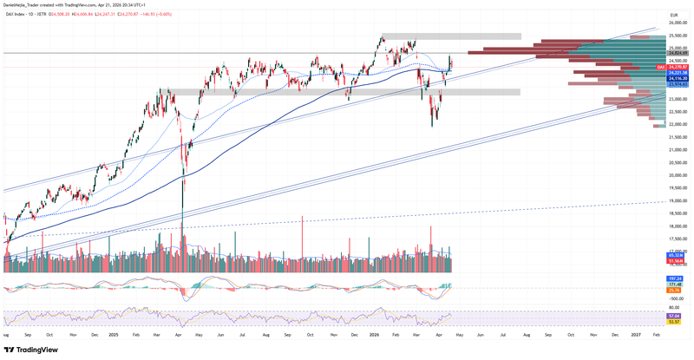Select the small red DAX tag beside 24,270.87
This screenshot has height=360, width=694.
660,67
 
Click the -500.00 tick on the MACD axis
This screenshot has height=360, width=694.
678,297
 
